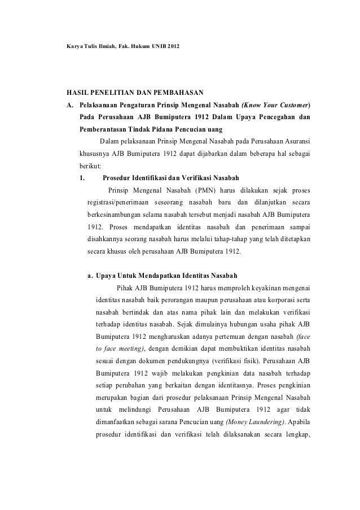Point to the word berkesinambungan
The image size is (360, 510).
point(122,216)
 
